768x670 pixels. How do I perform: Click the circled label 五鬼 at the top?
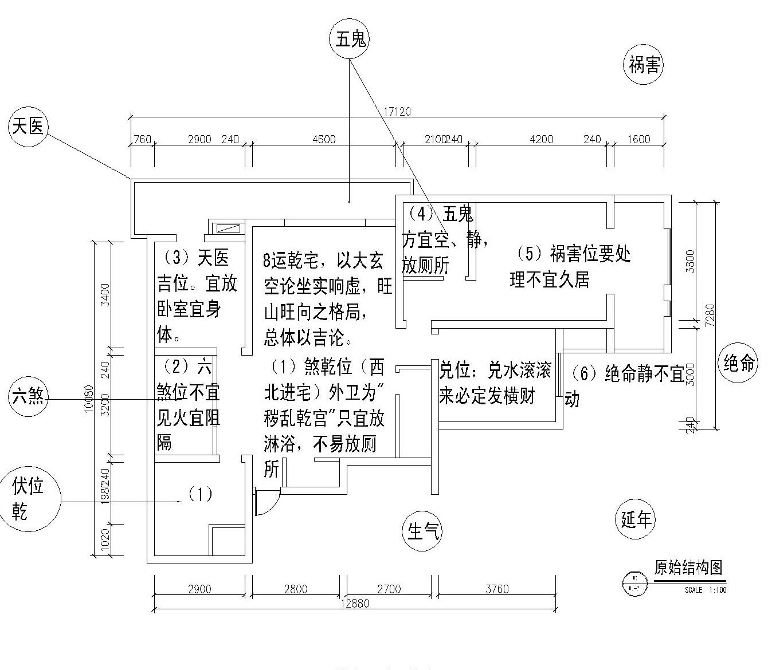(x=350, y=40)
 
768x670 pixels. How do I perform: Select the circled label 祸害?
(x=644, y=65)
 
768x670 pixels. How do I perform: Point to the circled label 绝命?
(x=739, y=362)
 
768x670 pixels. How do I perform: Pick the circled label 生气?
(x=422, y=531)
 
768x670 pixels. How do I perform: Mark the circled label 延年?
(x=636, y=519)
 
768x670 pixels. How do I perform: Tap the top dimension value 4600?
(x=324, y=139)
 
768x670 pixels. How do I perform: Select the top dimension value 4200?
(x=541, y=139)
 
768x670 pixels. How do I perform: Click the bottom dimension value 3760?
(x=496, y=589)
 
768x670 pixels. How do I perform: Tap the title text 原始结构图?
(x=688, y=567)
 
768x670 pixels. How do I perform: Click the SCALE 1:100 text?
(x=705, y=590)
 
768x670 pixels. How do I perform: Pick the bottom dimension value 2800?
(x=295, y=589)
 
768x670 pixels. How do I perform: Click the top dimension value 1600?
(x=638, y=139)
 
